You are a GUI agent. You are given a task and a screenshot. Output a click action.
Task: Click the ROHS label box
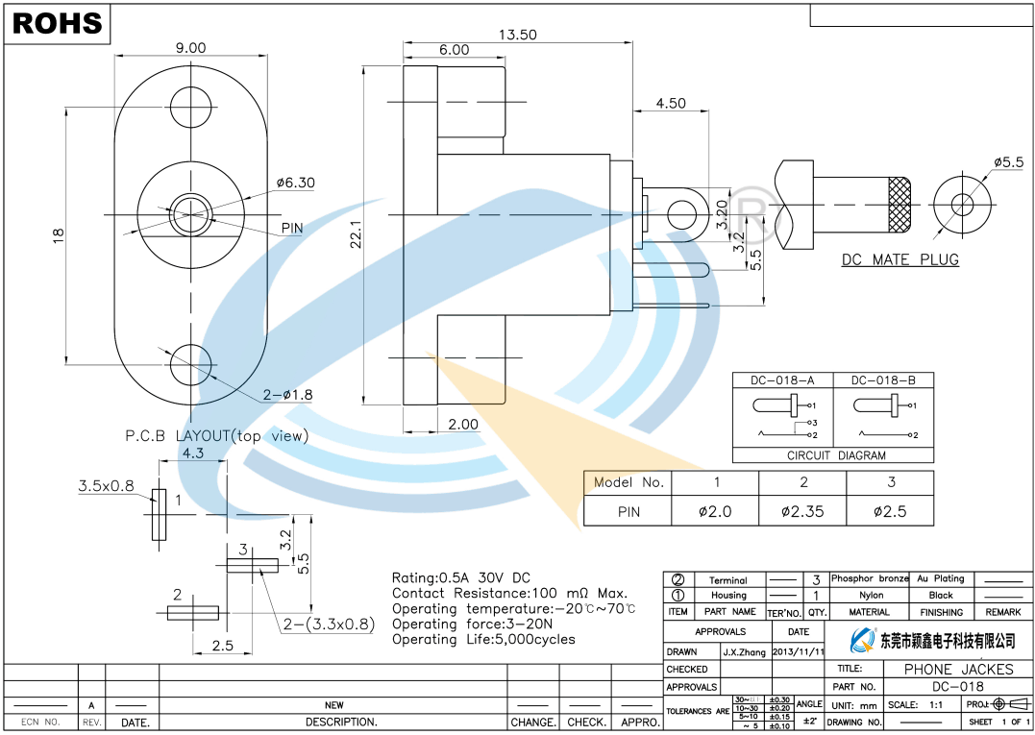58,24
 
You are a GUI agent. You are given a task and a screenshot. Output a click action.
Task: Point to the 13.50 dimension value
518,35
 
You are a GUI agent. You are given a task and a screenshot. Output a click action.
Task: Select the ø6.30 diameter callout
295,183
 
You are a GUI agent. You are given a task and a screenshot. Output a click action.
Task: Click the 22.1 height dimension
355,233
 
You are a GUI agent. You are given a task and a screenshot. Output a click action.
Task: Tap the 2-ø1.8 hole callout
287,394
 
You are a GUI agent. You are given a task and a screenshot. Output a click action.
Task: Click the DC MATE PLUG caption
899,259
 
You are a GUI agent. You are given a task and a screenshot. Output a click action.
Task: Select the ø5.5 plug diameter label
1008,162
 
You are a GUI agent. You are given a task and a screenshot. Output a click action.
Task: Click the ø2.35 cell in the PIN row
802,511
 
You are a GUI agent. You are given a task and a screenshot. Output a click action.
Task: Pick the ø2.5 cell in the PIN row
890,511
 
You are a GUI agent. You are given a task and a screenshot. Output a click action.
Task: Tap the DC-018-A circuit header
782,380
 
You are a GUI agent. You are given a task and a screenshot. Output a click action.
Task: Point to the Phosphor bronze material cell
870,578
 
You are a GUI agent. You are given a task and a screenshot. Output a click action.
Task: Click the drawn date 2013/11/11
798,651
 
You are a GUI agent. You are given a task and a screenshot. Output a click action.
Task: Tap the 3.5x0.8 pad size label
106,486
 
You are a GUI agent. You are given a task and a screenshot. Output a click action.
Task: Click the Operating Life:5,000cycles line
483,639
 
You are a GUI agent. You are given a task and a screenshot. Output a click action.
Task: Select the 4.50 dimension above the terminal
670,104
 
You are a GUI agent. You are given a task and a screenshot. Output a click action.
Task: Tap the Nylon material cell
871,596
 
